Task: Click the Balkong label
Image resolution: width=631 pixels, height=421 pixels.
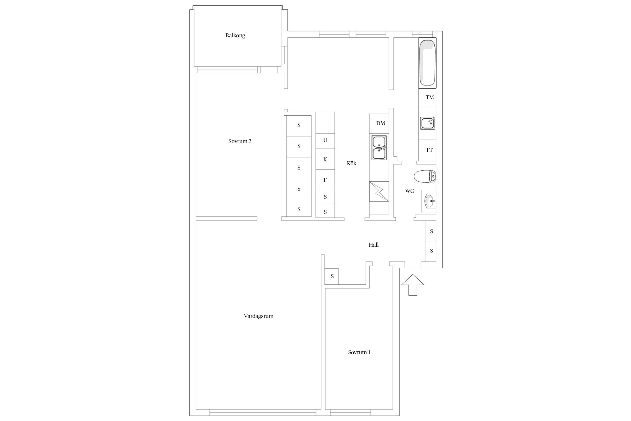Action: pyautogui.click(x=235, y=36)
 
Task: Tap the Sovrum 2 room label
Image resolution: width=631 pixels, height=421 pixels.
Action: pyautogui.click(x=240, y=141)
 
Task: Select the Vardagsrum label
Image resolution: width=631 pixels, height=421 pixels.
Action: pyautogui.click(x=259, y=316)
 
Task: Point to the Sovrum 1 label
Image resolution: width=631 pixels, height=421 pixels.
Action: pyautogui.click(x=359, y=352)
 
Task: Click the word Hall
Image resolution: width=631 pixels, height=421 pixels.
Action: pyautogui.click(x=374, y=245)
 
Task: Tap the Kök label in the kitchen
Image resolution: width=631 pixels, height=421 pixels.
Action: pyautogui.click(x=351, y=163)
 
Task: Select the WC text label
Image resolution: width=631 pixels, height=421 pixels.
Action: pyautogui.click(x=409, y=191)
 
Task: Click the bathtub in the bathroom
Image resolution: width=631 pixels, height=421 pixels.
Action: pyautogui.click(x=427, y=63)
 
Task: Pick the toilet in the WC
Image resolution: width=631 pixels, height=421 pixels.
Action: pyautogui.click(x=425, y=176)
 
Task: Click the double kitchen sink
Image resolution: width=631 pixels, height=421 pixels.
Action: pyautogui.click(x=379, y=148)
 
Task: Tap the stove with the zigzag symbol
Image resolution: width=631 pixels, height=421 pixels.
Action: pyautogui.click(x=379, y=191)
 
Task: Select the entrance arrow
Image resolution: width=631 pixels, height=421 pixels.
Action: pyautogui.click(x=413, y=285)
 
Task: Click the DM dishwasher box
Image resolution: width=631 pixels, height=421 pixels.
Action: pyautogui.click(x=379, y=123)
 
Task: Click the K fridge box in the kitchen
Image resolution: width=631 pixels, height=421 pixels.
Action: pyautogui.click(x=325, y=159)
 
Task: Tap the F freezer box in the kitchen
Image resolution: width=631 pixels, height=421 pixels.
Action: pyautogui.click(x=325, y=180)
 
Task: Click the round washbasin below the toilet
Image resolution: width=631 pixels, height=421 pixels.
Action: pyautogui.click(x=429, y=201)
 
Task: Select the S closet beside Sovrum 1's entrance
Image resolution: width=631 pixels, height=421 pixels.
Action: pyautogui.click(x=331, y=276)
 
